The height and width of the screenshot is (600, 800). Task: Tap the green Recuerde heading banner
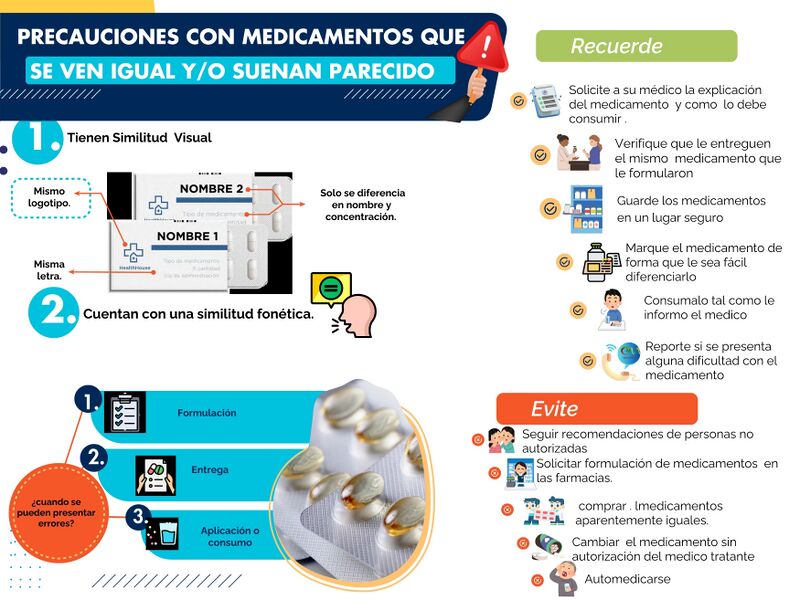tap(636, 46)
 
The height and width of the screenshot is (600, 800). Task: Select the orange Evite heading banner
tap(596, 409)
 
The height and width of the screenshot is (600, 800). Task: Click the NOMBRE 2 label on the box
tap(211, 189)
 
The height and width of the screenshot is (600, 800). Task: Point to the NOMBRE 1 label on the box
tap(186, 236)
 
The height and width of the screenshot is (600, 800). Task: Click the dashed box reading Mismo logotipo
tap(49, 197)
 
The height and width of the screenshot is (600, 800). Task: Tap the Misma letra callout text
tap(48, 270)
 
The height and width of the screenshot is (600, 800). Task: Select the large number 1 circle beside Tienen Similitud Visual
tap(38, 139)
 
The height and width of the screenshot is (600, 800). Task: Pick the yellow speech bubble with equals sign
tap(332, 289)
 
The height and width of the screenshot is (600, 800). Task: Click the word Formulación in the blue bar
tap(206, 413)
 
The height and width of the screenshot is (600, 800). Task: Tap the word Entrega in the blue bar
tap(210, 470)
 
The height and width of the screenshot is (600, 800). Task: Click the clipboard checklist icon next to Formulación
tap(126, 412)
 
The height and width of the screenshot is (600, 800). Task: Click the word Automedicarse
tap(627, 579)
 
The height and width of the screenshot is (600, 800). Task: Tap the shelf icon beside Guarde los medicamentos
tap(587, 208)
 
